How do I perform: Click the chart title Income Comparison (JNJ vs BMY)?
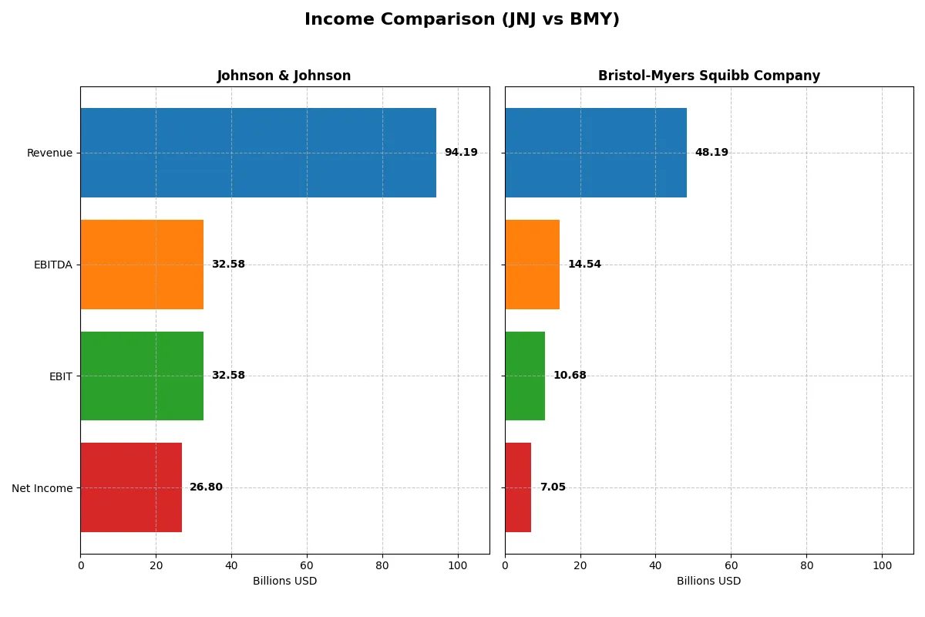[462, 19]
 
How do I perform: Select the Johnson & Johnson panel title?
[284, 76]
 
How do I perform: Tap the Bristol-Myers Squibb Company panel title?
[708, 76]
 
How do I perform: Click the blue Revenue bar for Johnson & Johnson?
[258, 153]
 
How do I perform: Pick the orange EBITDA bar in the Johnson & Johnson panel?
[142, 265]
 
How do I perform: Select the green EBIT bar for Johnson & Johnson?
[142, 376]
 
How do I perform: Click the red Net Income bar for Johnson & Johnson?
[131, 487]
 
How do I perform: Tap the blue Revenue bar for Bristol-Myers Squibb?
[596, 153]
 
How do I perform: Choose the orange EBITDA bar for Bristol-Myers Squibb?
[532, 265]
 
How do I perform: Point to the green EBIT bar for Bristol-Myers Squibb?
[525, 376]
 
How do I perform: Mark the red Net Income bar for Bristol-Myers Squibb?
[518, 487]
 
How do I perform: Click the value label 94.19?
[461, 153]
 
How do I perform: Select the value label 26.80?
[206, 487]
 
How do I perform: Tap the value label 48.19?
[711, 153]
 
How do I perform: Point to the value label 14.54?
[584, 265]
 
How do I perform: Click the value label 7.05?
[553, 487]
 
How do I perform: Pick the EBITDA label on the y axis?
[52, 265]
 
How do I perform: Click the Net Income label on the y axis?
[42, 487]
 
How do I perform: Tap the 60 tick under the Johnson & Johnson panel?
[307, 565]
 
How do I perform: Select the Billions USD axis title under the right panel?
[708, 581]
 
